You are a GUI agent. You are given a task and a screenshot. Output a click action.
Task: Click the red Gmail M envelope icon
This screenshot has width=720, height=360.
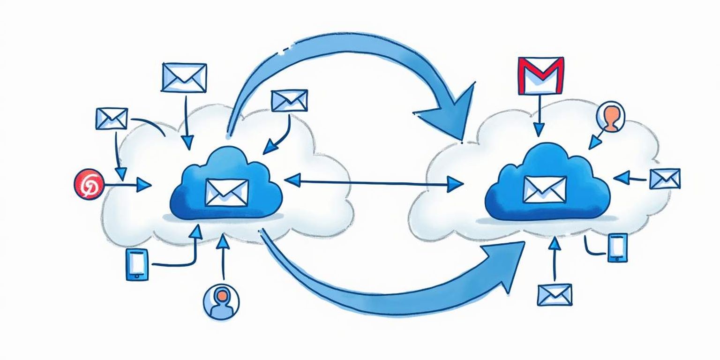(541, 75)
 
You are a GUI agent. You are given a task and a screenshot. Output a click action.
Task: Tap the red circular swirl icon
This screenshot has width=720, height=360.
(87, 185)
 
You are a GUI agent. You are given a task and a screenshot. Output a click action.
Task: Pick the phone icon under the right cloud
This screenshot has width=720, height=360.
(617, 247)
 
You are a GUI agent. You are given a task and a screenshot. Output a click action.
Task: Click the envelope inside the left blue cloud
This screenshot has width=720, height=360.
(226, 193)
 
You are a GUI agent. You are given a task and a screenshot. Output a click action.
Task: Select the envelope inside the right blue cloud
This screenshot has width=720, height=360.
(545, 189)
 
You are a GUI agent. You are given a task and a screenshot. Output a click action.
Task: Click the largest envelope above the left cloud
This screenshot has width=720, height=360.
(184, 77)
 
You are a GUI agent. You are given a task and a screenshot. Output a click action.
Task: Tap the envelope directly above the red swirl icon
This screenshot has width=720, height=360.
(112, 119)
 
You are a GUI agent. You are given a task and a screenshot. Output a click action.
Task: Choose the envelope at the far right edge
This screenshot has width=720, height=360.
(665, 179)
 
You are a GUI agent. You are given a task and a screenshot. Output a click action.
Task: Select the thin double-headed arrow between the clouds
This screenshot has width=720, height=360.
(374, 182)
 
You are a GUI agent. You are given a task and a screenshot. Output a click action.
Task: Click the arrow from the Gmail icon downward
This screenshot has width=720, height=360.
(540, 115)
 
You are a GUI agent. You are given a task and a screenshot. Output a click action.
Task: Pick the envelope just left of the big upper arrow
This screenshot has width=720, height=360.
(289, 100)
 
